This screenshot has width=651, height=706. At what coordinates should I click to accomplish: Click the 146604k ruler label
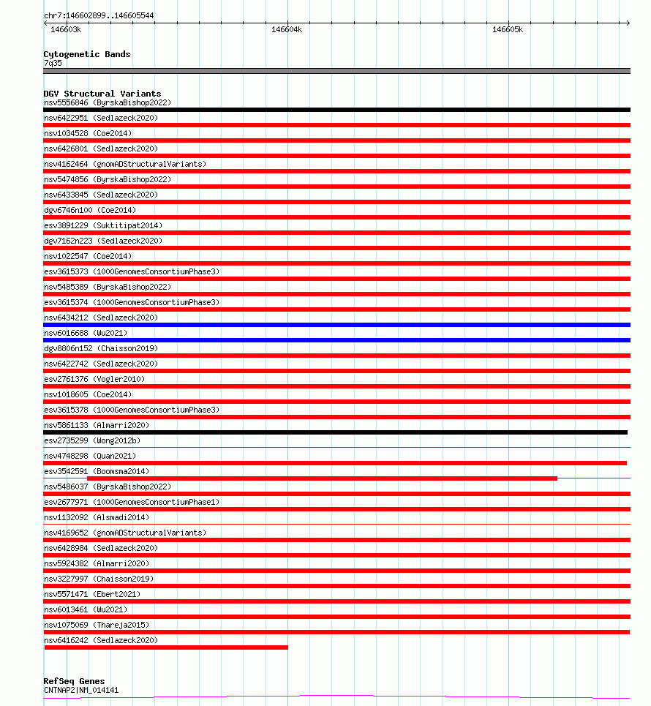point(286,30)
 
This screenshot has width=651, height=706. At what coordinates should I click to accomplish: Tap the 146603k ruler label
point(65,30)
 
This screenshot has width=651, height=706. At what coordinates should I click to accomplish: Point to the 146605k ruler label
point(507,30)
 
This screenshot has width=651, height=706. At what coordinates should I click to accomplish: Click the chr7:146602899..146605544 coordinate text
point(99,15)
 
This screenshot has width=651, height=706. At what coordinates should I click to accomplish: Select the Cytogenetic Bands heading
point(86,54)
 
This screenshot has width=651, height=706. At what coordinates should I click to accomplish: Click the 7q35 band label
point(53,63)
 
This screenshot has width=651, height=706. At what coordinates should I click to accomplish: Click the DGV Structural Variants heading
point(102,94)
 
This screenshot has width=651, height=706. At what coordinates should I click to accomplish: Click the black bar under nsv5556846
point(336,110)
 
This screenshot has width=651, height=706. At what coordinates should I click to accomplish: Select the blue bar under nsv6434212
point(336,325)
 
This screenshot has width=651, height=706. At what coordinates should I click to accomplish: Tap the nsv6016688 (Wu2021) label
point(86,333)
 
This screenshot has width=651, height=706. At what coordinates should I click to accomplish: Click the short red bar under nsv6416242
point(166,647)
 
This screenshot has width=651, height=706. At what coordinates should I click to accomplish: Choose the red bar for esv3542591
point(322,478)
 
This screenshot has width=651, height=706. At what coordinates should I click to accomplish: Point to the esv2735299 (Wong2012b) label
point(92,440)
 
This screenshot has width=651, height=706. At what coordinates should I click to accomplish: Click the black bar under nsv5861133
point(336,432)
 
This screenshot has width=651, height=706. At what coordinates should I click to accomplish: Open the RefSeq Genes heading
point(74,681)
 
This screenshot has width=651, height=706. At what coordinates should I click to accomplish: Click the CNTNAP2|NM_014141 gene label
point(81,690)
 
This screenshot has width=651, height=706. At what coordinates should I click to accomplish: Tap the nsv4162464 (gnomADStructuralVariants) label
point(125,164)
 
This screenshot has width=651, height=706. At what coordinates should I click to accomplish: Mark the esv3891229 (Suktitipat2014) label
point(103,225)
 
